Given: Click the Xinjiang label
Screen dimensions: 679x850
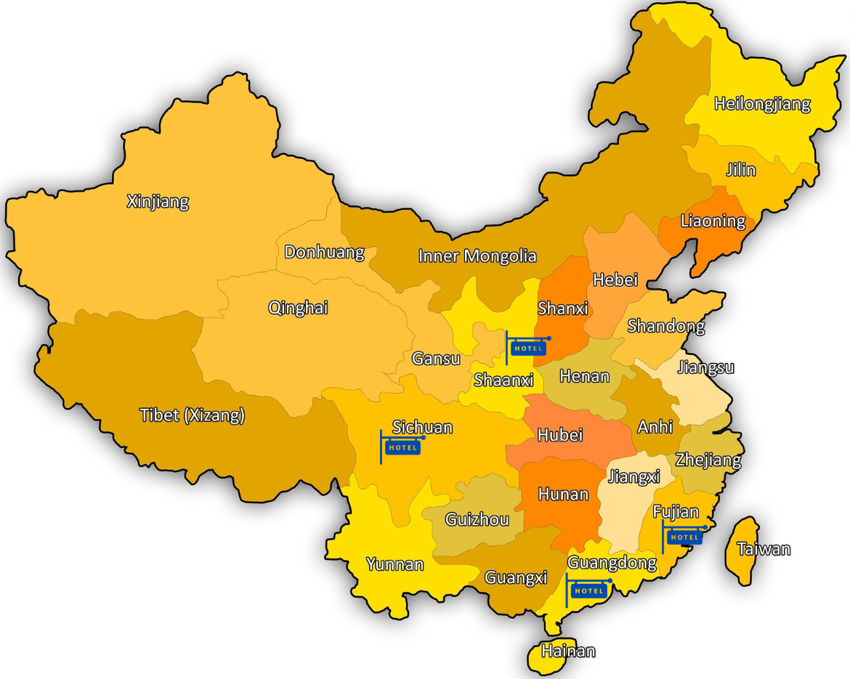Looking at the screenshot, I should [x=158, y=201].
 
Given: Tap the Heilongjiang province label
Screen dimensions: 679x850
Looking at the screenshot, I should [x=762, y=104].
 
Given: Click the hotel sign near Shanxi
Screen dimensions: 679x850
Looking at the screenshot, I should [x=528, y=348].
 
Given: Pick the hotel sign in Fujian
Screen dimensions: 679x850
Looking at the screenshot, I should [x=684, y=537].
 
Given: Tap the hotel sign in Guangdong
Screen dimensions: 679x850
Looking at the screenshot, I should [x=588, y=590].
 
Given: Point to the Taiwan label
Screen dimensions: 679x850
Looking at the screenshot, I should [x=764, y=549].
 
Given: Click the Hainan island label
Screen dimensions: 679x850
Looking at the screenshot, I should [x=568, y=651].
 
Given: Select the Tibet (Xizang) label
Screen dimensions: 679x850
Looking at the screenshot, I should [x=192, y=415].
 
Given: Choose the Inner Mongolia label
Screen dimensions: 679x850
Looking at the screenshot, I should [x=477, y=256].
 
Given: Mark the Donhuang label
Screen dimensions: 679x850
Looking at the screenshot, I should [x=324, y=252].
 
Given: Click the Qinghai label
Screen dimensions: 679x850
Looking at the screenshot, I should [x=298, y=308].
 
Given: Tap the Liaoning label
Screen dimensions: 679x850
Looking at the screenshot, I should [x=713, y=221].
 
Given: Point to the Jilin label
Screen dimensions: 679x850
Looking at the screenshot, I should [x=740, y=170].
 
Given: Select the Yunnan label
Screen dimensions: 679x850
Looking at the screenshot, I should [x=394, y=564].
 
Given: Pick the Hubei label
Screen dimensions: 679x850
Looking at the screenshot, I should [x=559, y=435].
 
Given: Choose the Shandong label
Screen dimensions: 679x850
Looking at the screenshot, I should [x=666, y=326].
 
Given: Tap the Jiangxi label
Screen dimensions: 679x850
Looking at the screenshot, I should [x=634, y=477].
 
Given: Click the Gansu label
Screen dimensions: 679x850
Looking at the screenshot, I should [x=436, y=358].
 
